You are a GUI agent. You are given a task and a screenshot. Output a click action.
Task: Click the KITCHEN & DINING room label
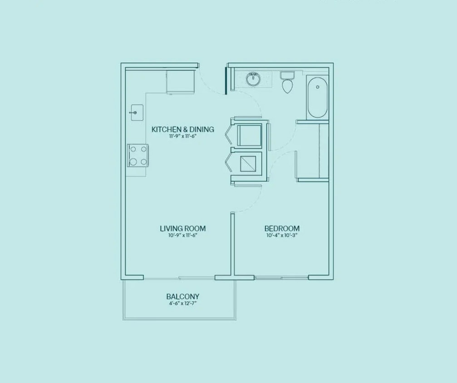tap(182, 129)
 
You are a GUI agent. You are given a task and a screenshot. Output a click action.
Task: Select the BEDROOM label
tap(282, 228)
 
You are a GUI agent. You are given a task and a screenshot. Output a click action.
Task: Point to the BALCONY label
tap(182, 297)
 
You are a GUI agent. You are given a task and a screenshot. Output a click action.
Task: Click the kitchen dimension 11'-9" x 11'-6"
tap(182, 136)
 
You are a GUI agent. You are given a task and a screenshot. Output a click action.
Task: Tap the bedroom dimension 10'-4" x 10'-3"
tap(282, 235)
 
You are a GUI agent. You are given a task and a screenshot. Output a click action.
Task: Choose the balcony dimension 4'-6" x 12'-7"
tap(182, 303)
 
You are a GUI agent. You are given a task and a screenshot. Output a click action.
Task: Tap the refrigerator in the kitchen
tap(180, 82)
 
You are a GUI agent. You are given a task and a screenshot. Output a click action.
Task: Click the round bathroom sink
tap(253, 79)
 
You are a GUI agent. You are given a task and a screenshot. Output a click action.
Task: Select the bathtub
tap(317, 98)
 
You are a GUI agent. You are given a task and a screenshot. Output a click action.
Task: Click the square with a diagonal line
tap(251, 162)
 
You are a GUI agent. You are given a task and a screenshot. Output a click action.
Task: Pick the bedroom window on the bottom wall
tap(281, 277)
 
